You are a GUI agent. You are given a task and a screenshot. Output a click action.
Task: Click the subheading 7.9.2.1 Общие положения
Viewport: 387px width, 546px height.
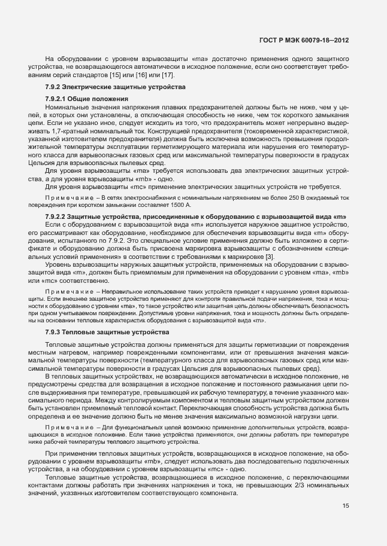(x=86, y=98)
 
